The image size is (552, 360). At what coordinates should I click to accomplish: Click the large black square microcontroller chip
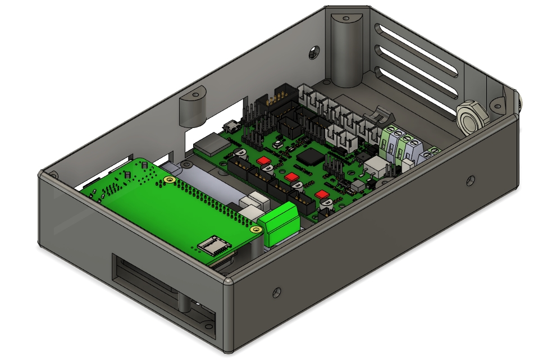click(310, 157)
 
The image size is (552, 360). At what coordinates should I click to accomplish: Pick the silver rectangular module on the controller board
click(212, 144)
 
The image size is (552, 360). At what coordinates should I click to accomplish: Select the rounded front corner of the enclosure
click(227, 281)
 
